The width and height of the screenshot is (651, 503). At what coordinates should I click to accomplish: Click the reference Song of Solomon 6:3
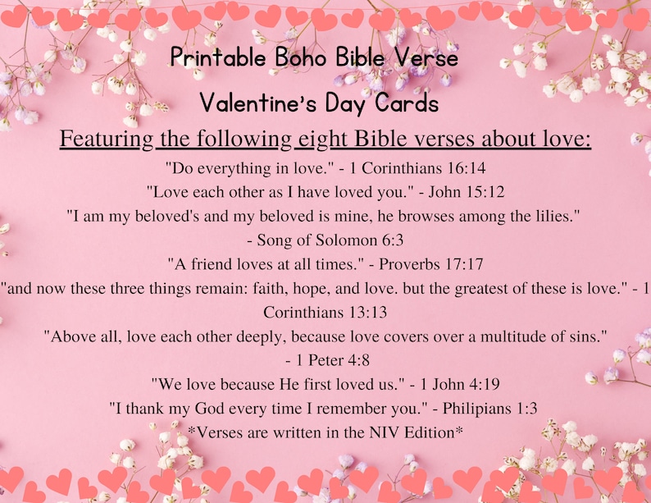pyautogui.click(x=330, y=240)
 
